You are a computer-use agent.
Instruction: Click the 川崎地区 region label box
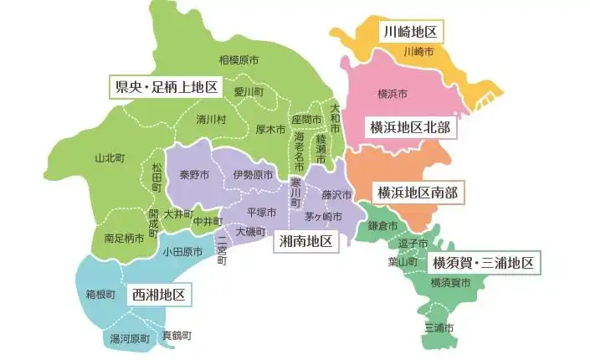pos(410,33)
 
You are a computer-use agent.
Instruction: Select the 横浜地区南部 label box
pos(417,192)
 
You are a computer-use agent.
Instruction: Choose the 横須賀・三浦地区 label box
pos(484,264)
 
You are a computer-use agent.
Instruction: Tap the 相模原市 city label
pos(239,59)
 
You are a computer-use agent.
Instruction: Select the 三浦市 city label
pos(439,327)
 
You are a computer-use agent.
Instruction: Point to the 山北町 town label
pos(110,157)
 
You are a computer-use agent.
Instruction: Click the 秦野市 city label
pos(194,174)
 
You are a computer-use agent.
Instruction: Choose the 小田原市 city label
pos(182,251)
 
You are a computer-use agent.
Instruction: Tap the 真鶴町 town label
pos(176,334)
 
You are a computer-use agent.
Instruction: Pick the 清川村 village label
pos(211,119)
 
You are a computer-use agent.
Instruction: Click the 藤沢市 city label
pos(336,194)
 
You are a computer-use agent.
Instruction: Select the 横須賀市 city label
pos(450,284)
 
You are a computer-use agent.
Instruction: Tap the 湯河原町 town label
pos(130,339)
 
